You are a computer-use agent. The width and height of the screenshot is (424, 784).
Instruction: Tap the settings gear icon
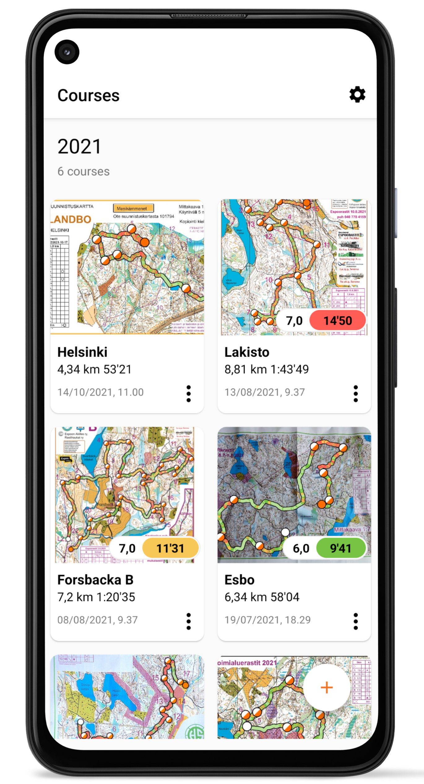coord(357,95)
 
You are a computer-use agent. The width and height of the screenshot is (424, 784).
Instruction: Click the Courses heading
coord(89,95)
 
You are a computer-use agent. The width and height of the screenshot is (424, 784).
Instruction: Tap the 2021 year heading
coord(80,146)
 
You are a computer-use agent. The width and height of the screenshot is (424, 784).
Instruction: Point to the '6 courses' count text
coord(84,171)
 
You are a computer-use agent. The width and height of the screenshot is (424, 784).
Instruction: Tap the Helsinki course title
coord(82,352)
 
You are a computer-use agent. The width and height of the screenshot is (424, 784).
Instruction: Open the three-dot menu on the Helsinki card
coord(188,394)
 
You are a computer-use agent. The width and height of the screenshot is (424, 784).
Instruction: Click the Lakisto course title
coord(247,352)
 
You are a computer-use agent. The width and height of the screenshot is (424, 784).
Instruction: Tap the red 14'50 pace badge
coord(338,321)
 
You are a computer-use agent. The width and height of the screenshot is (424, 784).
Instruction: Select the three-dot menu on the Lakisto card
coord(356,394)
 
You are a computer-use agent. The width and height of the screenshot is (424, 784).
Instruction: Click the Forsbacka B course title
coord(95,580)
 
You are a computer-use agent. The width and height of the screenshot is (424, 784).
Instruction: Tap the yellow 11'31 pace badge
coord(170,548)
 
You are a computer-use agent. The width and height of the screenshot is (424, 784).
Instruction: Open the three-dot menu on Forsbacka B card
coord(188,621)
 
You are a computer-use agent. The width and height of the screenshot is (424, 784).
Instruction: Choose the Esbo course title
coord(240,580)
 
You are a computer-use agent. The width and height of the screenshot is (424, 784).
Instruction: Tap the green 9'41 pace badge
coord(340,548)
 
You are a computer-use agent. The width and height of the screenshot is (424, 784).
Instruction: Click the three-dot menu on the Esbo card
coord(356,621)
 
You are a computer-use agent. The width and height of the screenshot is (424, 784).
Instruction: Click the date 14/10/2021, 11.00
coord(101,392)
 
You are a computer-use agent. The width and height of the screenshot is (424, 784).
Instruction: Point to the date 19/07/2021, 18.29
coord(268,620)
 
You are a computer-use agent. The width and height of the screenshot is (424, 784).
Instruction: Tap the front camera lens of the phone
coord(67,52)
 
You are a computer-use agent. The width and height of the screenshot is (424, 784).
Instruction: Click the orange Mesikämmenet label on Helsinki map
coord(133,208)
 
